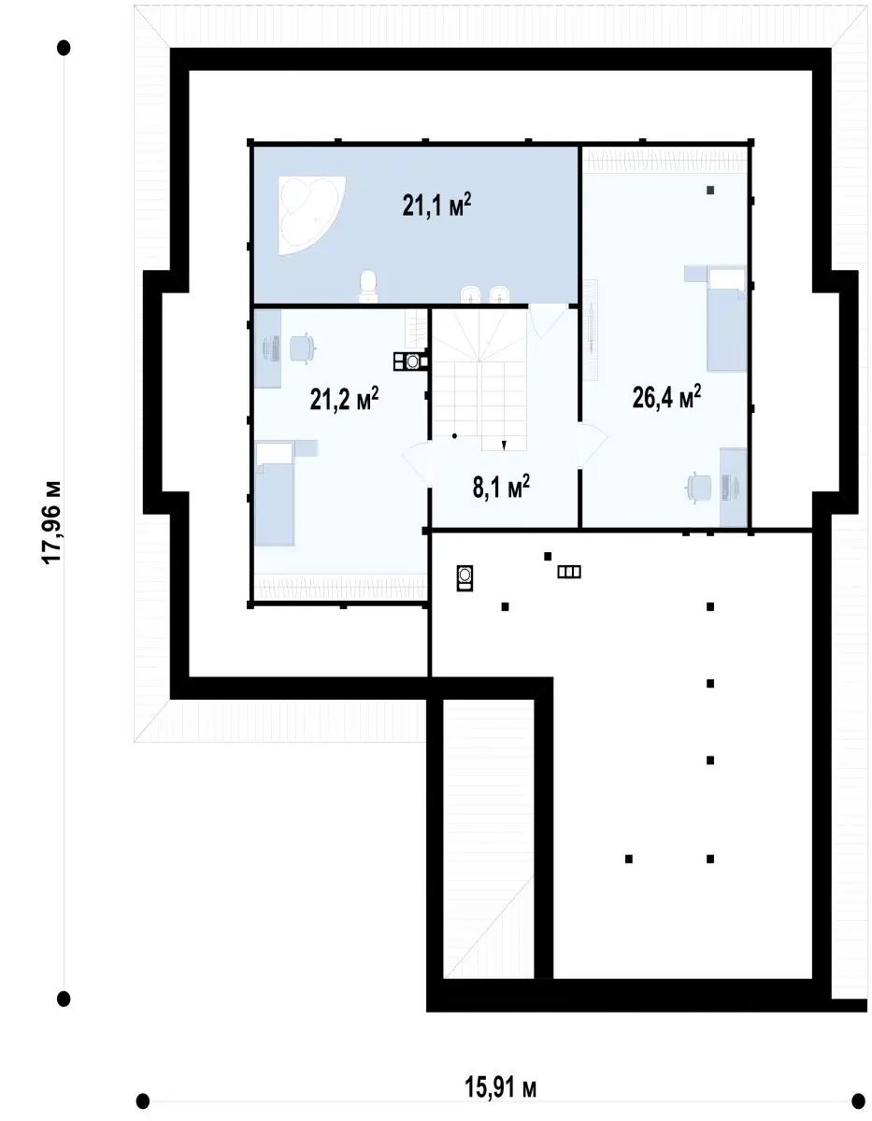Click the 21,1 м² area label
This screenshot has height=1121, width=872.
tap(436, 205)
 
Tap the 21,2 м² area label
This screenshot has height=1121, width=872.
tap(344, 399)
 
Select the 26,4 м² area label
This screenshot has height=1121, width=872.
tap(666, 397)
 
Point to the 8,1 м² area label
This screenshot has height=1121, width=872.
tap(501, 487)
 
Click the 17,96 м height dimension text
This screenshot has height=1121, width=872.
tap(52, 523)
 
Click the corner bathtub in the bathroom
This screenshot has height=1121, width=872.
tap(311, 215)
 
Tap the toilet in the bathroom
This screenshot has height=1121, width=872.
tap(368, 286)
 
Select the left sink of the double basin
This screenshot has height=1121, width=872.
tap(470, 294)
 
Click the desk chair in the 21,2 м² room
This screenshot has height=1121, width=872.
tap(303, 348)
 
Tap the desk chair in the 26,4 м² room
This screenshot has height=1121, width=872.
tap(699, 487)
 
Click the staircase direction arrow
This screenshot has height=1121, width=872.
tap(504, 445)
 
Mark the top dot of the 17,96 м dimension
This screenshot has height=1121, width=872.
tap(64, 48)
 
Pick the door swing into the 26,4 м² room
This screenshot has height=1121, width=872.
tap(593, 445)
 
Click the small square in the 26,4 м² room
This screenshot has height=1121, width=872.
tap(710, 190)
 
